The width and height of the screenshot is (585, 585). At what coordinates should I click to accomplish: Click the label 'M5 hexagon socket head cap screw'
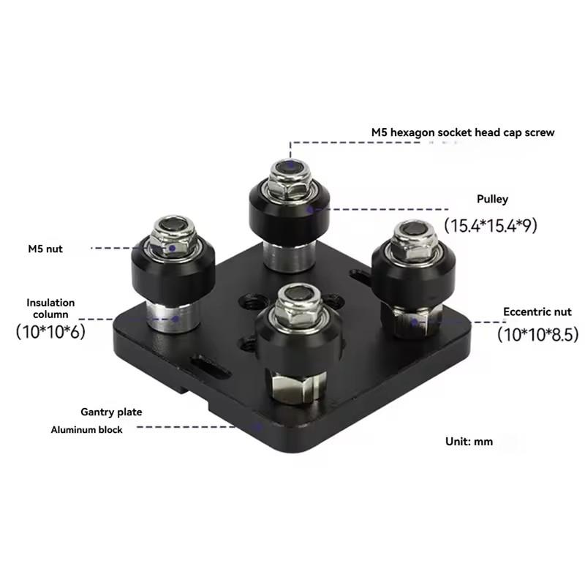point(463,132)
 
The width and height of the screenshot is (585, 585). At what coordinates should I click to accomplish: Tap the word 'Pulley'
point(492,199)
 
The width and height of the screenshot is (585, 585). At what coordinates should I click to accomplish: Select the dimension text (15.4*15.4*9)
point(491,225)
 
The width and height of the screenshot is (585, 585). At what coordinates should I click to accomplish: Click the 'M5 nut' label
point(45,249)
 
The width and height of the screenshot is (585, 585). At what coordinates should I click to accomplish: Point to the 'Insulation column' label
point(50,308)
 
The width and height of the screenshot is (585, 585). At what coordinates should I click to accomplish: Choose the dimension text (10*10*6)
point(50,331)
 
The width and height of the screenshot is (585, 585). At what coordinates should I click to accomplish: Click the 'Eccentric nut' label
point(537,312)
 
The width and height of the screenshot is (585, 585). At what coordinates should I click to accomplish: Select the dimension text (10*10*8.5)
point(538,334)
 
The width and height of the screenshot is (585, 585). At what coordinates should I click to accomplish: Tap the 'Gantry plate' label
point(111,412)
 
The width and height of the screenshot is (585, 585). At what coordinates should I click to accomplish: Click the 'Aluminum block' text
point(86,430)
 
